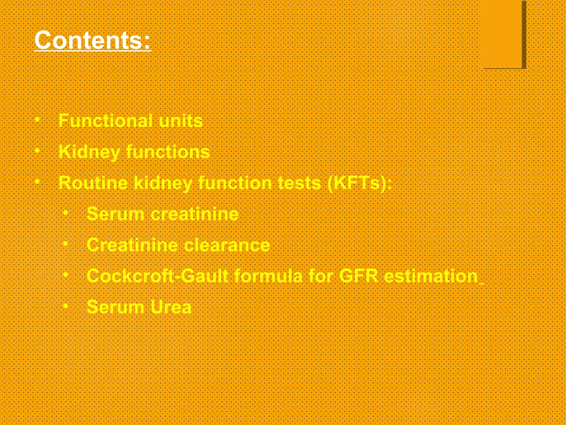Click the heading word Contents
[x=92, y=40]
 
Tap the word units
[x=181, y=121]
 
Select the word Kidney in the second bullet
[x=89, y=152]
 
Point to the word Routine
[x=93, y=183]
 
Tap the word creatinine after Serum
[x=194, y=214]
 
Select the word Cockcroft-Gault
[x=158, y=276]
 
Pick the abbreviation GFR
[x=358, y=276]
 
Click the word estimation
[x=431, y=276]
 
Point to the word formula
[x=268, y=276]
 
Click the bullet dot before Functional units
[x=38, y=120]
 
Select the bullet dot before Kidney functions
[x=38, y=151]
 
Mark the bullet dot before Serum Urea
[x=65, y=306]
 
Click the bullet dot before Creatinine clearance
[x=65, y=244]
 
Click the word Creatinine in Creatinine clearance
[x=132, y=245]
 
